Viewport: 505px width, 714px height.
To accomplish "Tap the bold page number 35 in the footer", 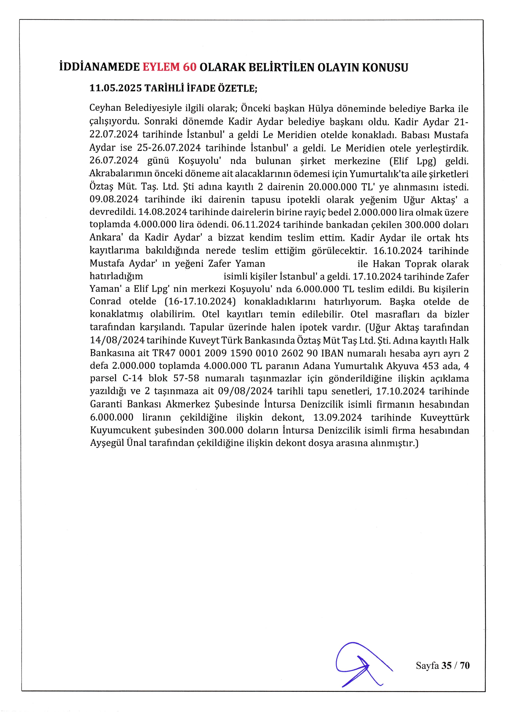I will (446, 666).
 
